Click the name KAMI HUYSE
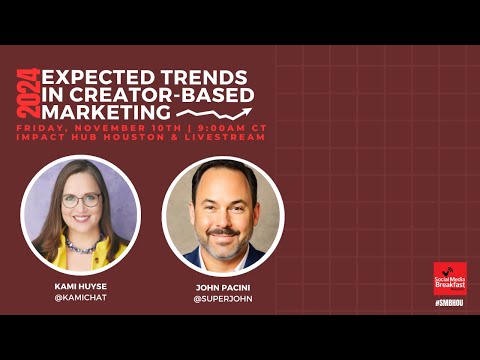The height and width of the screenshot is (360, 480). click(x=79, y=286)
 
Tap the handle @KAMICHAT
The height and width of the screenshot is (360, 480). click(x=79, y=298)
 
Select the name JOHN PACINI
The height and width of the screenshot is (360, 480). click(x=222, y=286)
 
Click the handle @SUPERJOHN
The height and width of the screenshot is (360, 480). click(x=222, y=298)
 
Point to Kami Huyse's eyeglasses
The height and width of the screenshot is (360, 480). click(x=79, y=200)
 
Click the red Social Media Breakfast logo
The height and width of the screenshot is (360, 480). click(x=450, y=277)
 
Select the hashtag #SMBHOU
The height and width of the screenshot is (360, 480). click(x=450, y=299)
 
